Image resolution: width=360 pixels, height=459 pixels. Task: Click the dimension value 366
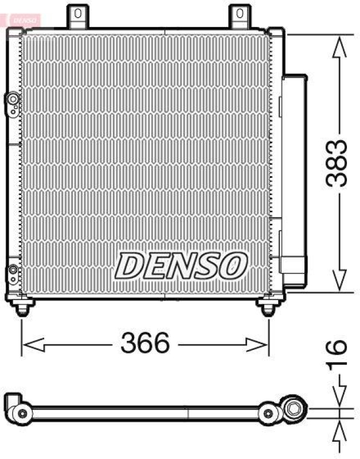point(145,344)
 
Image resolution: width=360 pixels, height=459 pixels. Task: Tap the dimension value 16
point(339,347)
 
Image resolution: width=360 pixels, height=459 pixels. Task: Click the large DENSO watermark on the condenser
point(182,264)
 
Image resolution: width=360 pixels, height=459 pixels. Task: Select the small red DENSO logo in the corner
point(22,19)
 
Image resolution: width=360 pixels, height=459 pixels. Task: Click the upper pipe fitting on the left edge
point(13,101)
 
